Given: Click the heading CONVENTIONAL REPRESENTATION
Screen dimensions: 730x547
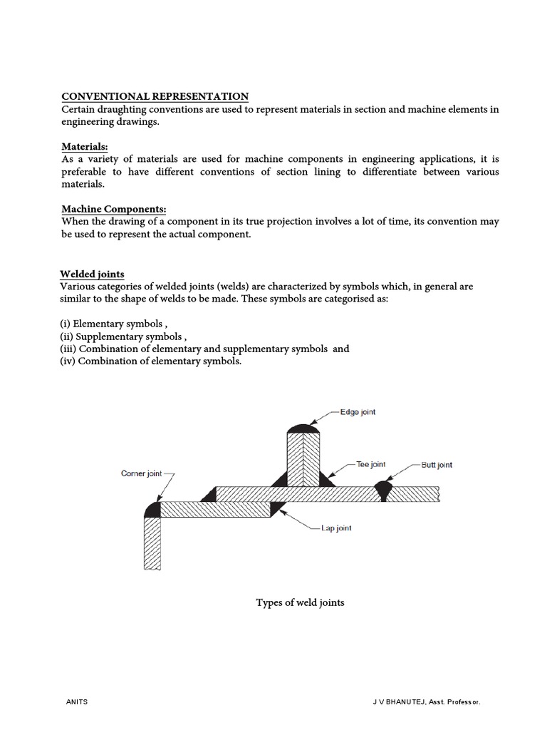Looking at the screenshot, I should [x=155, y=96].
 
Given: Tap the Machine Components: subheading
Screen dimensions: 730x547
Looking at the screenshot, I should [x=113, y=209].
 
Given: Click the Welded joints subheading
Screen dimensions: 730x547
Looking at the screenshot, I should [x=92, y=274].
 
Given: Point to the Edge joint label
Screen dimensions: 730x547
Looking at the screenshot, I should [x=358, y=412].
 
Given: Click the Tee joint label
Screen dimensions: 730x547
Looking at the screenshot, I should [x=370, y=464].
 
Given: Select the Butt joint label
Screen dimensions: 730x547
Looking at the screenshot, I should [x=437, y=465].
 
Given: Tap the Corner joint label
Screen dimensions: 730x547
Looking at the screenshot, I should [x=142, y=473].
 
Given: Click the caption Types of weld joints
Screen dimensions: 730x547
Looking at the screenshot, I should [x=300, y=602].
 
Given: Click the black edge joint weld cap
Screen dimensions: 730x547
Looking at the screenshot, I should [x=305, y=428].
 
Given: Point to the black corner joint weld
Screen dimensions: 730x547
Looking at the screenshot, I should [x=151, y=508].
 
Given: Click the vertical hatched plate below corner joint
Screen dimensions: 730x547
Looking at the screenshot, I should [x=152, y=543].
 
